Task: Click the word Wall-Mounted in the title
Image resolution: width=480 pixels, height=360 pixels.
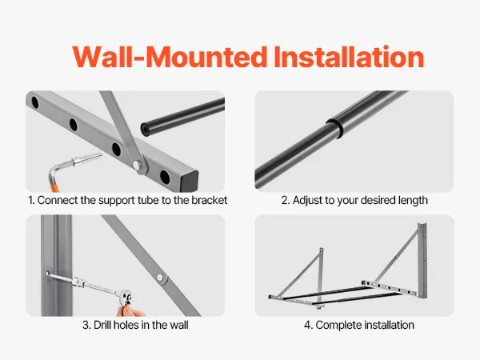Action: (x=170, y=57)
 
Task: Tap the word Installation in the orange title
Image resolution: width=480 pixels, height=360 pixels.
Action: (x=349, y=57)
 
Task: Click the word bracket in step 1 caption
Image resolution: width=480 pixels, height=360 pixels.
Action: (x=209, y=200)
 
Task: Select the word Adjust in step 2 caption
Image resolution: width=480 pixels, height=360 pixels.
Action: (x=307, y=201)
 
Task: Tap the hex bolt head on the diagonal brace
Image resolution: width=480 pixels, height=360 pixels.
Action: (x=137, y=166)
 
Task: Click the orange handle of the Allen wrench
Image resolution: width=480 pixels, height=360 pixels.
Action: (x=54, y=186)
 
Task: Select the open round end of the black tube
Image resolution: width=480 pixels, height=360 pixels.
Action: (x=145, y=129)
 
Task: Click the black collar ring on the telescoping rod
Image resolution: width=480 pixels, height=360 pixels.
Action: (x=334, y=128)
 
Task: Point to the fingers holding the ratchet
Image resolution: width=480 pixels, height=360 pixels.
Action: (x=130, y=310)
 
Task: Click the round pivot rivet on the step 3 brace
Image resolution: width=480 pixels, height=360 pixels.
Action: (x=159, y=278)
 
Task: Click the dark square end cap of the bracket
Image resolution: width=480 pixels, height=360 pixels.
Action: (x=189, y=182)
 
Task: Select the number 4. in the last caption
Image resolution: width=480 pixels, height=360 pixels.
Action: (x=308, y=325)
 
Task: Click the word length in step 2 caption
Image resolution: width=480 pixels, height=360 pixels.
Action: (x=413, y=201)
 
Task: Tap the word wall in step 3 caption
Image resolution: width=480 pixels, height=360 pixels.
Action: (x=179, y=325)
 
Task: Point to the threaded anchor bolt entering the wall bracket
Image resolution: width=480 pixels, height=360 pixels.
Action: (x=61, y=278)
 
